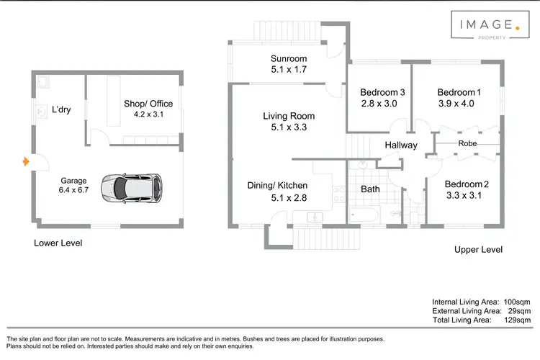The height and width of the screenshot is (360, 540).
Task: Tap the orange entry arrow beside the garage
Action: pyautogui.click(x=27, y=163)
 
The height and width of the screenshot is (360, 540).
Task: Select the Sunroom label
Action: pyautogui.click(x=289, y=58)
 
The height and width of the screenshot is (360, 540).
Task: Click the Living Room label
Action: pyautogui.click(x=289, y=116)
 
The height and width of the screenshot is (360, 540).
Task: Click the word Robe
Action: pyautogui.click(x=467, y=143)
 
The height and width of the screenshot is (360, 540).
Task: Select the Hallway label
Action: pyautogui.click(x=401, y=145)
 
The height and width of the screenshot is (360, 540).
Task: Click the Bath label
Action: pyautogui.click(x=370, y=189)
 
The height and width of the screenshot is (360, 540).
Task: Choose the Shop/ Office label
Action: pyautogui.click(x=148, y=104)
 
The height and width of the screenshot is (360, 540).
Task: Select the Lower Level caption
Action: pyautogui.click(x=58, y=243)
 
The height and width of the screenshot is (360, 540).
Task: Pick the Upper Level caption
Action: pyautogui.click(x=478, y=249)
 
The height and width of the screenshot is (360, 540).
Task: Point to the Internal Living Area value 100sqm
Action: pyautogui.click(x=516, y=301)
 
